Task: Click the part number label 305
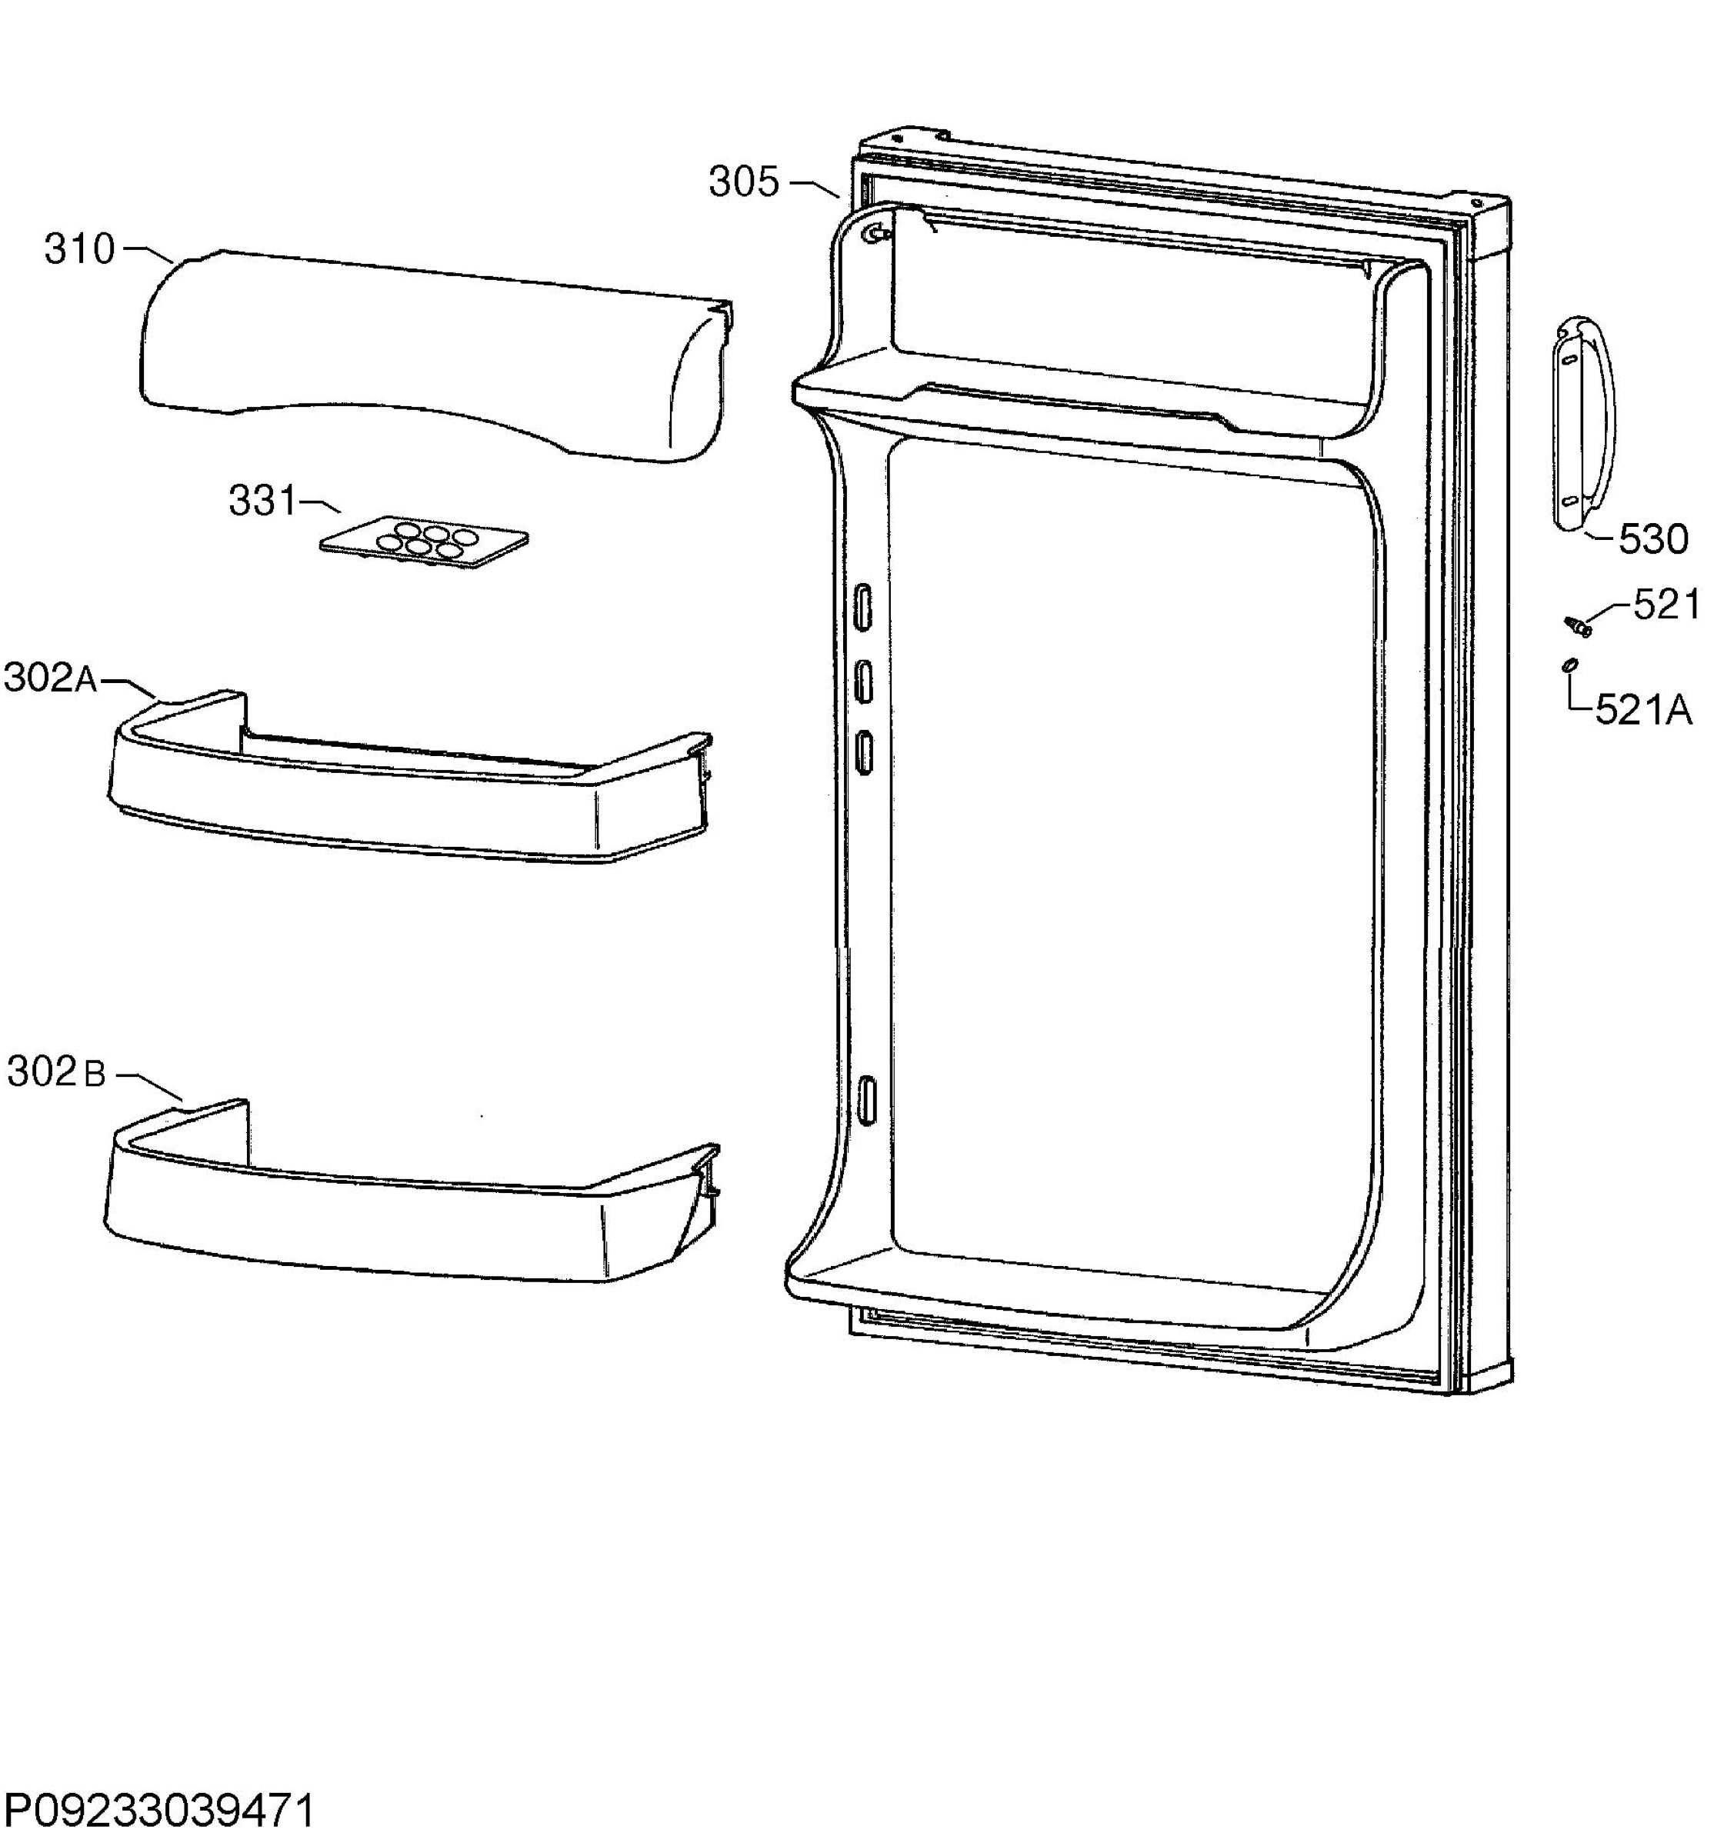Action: point(743,182)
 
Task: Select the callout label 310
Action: point(80,249)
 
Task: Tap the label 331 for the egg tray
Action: point(263,501)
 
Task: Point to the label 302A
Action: point(51,678)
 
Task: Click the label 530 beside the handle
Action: point(1653,539)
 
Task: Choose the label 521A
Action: point(1644,711)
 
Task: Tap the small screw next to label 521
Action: point(1576,625)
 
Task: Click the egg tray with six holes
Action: point(424,542)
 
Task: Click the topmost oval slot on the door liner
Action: point(863,608)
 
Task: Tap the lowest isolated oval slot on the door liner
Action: point(865,1101)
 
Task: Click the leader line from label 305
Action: point(815,188)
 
